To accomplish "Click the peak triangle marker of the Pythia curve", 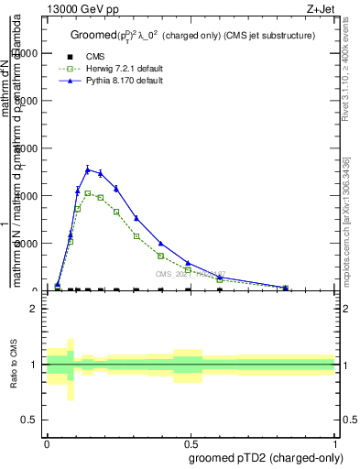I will click(88, 169).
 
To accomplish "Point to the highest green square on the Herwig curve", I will click(88, 193).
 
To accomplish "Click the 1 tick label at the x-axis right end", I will click(335, 442).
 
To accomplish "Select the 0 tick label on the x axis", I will click(47, 442).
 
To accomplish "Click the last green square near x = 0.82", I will click(285, 288).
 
